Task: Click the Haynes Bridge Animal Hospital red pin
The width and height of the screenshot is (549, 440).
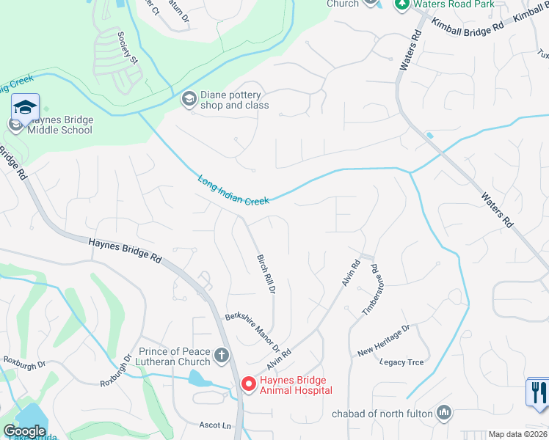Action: point(248,384)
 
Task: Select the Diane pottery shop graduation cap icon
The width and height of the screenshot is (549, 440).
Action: point(189,98)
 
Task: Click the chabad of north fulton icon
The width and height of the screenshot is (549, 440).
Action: point(443,414)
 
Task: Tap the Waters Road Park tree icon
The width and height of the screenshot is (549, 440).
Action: point(401,4)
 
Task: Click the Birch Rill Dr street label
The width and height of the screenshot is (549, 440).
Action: point(265,274)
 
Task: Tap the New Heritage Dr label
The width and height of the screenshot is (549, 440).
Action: point(382,342)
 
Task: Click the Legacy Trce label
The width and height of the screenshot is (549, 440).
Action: point(401,362)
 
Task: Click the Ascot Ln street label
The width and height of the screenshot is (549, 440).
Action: point(215,425)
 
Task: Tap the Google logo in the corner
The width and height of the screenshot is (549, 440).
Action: point(24,431)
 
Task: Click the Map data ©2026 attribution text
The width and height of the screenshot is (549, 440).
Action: point(517,434)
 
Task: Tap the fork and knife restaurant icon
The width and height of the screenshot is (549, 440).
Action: point(538,391)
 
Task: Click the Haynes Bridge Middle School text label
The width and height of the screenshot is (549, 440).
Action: point(60,125)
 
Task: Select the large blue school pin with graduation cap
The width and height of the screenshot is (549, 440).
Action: point(25,109)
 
